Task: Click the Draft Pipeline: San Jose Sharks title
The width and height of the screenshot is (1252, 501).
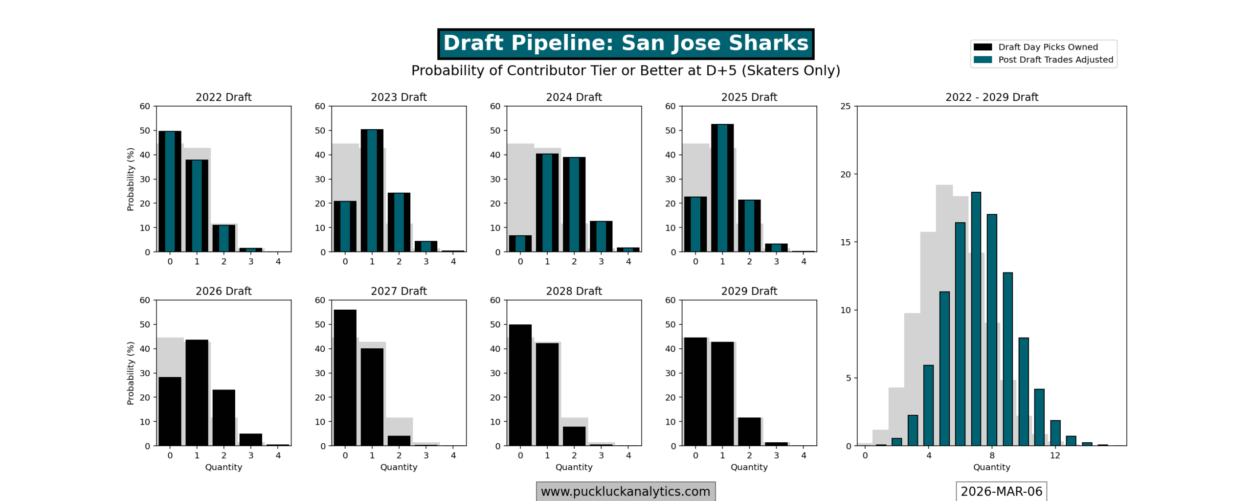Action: (625, 44)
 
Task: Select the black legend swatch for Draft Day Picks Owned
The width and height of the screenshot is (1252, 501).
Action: (982, 47)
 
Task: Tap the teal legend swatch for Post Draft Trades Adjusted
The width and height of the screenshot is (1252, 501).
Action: (982, 60)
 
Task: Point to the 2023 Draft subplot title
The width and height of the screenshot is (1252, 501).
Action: (399, 97)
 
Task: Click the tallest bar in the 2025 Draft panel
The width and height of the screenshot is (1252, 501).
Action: (722, 188)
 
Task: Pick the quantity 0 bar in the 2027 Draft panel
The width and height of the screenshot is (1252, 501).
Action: (345, 377)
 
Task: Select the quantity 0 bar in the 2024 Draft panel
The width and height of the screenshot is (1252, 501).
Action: (520, 243)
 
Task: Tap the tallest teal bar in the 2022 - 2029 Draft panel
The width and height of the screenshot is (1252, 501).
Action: (976, 319)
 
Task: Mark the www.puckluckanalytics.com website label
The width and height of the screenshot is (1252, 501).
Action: (625, 491)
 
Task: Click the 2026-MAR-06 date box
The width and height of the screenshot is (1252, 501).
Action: (1001, 491)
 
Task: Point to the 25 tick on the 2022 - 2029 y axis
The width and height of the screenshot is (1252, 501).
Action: (845, 106)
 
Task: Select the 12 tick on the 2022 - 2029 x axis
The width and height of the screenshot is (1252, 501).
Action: (1055, 455)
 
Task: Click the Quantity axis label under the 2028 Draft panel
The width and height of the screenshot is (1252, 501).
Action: (574, 467)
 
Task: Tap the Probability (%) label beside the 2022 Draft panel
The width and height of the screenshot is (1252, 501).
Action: (130, 179)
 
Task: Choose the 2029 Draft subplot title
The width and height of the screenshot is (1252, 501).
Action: (749, 291)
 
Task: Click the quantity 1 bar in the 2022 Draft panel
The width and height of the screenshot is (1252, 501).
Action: (197, 205)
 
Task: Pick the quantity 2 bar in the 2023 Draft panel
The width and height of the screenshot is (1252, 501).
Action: (399, 222)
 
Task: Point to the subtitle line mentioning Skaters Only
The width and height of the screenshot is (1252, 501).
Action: (625, 70)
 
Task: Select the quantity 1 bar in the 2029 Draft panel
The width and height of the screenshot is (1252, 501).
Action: (722, 393)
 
